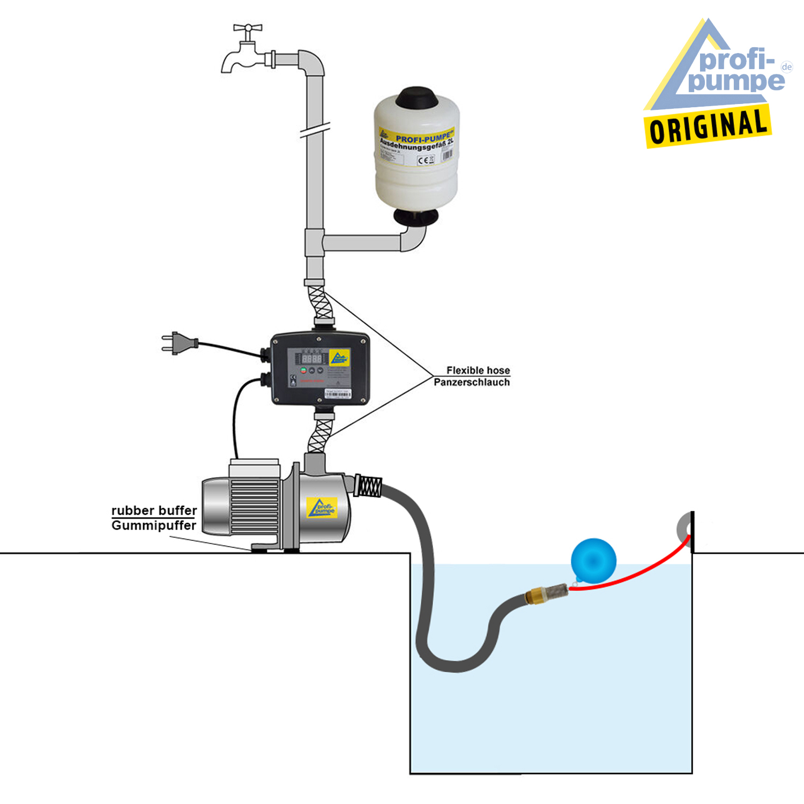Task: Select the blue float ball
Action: [x=593, y=560]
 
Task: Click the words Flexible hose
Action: [x=478, y=370]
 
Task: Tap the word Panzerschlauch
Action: [x=472, y=382]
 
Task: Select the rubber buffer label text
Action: [x=154, y=510]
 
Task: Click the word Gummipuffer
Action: [x=154, y=525]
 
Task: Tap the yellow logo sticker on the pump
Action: [x=322, y=508]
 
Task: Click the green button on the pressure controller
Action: [x=303, y=370]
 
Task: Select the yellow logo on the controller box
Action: [x=339, y=357]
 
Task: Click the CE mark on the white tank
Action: [x=424, y=160]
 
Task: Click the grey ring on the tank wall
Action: [x=684, y=527]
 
